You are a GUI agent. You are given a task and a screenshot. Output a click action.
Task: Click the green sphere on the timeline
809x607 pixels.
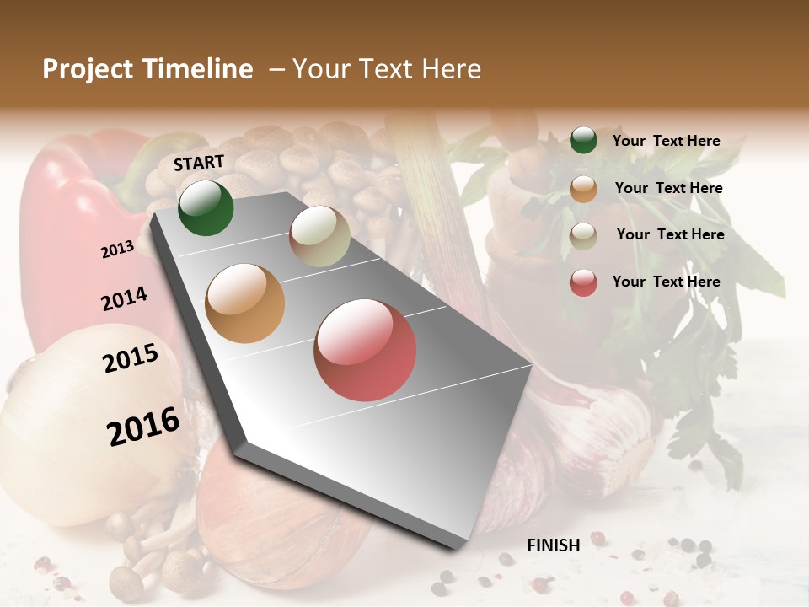pos(206,207)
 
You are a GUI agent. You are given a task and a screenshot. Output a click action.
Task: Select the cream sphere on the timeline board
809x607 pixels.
pos(319,236)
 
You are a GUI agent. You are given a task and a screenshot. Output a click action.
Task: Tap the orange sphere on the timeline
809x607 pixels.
pos(245,303)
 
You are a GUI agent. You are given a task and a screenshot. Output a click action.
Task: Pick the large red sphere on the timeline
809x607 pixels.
pos(365,350)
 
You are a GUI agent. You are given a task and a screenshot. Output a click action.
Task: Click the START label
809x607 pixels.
pos(199,163)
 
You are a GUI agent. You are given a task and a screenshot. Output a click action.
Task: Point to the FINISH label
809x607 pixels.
pos(554,545)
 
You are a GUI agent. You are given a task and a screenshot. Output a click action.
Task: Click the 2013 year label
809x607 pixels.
pos(117,249)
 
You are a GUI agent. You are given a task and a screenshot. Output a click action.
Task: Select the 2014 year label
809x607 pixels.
pos(124,298)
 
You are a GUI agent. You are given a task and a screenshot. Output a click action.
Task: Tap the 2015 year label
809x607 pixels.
pos(131,358)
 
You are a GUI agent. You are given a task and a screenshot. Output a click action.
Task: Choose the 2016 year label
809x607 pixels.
pos(143,426)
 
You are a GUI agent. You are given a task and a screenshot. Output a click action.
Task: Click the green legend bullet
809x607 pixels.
pos(583,141)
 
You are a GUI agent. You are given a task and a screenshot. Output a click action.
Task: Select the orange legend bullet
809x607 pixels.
pos(583,189)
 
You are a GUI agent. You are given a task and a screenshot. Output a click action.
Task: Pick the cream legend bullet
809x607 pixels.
pos(583,236)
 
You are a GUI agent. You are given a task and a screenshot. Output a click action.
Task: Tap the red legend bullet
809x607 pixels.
pos(583,282)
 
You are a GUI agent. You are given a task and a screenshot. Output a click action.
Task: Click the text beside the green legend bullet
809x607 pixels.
pos(666,141)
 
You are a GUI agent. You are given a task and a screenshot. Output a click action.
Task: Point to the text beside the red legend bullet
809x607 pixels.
pos(666,282)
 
